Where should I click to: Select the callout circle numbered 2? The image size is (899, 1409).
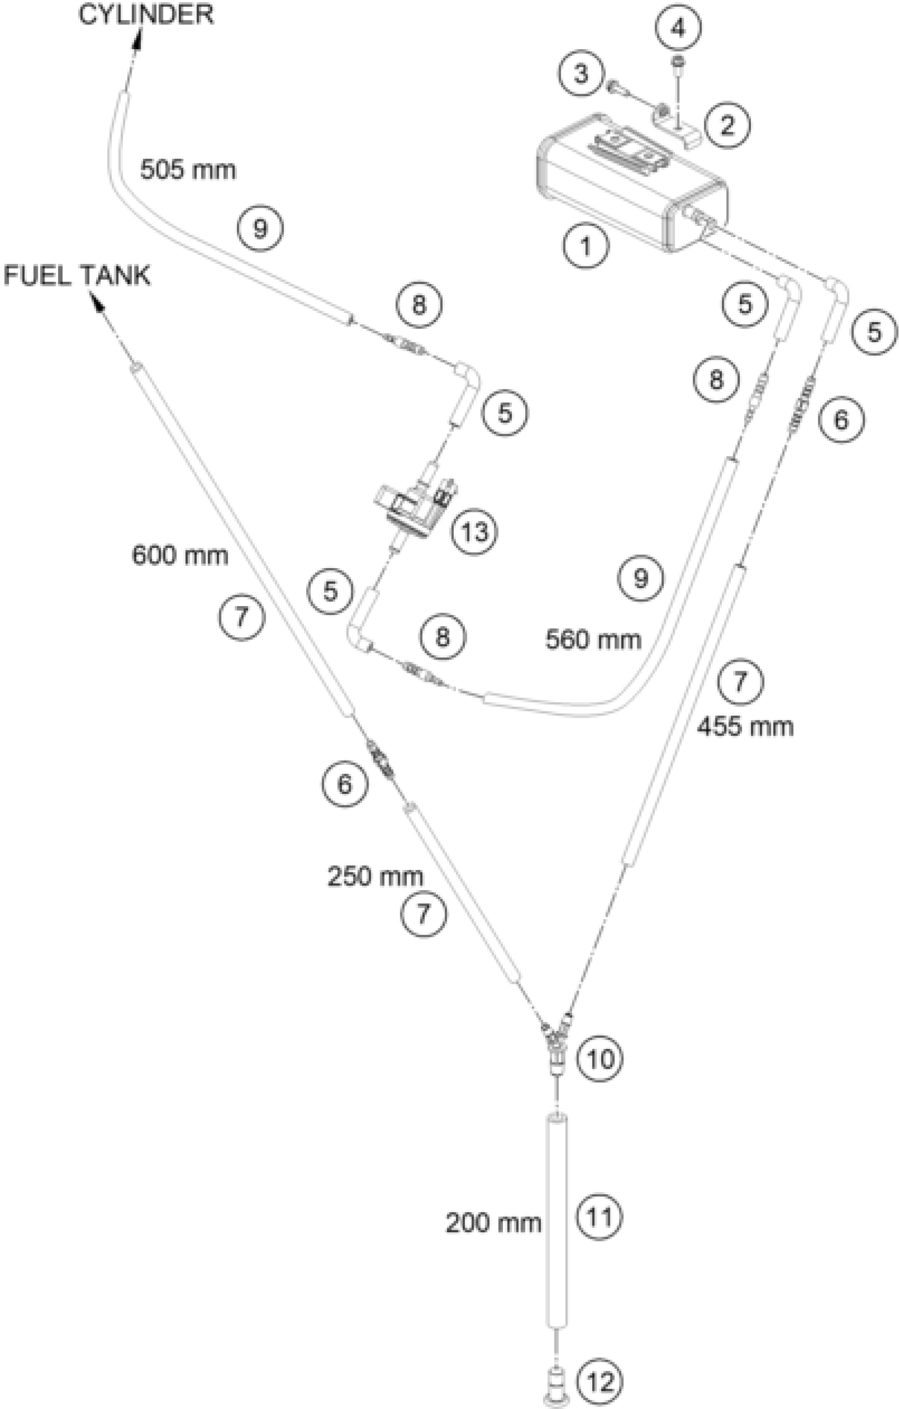click(x=727, y=125)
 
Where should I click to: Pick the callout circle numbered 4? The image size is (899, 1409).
click(x=677, y=28)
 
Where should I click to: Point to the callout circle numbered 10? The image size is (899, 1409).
click(x=600, y=1058)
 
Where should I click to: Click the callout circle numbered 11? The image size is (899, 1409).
click(x=600, y=1216)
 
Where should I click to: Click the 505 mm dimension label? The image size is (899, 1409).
click(x=188, y=170)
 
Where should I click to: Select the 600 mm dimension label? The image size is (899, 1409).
click(x=180, y=555)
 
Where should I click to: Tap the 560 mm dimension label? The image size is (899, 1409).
click(x=593, y=639)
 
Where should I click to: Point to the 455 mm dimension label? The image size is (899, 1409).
click(x=745, y=727)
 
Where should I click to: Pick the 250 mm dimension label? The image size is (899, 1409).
click(x=375, y=876)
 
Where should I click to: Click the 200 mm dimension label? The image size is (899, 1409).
click(x=493, y=1223)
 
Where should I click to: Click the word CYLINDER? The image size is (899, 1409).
click(x=146, y=15)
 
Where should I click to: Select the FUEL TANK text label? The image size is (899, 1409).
click(x=77, y=275)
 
